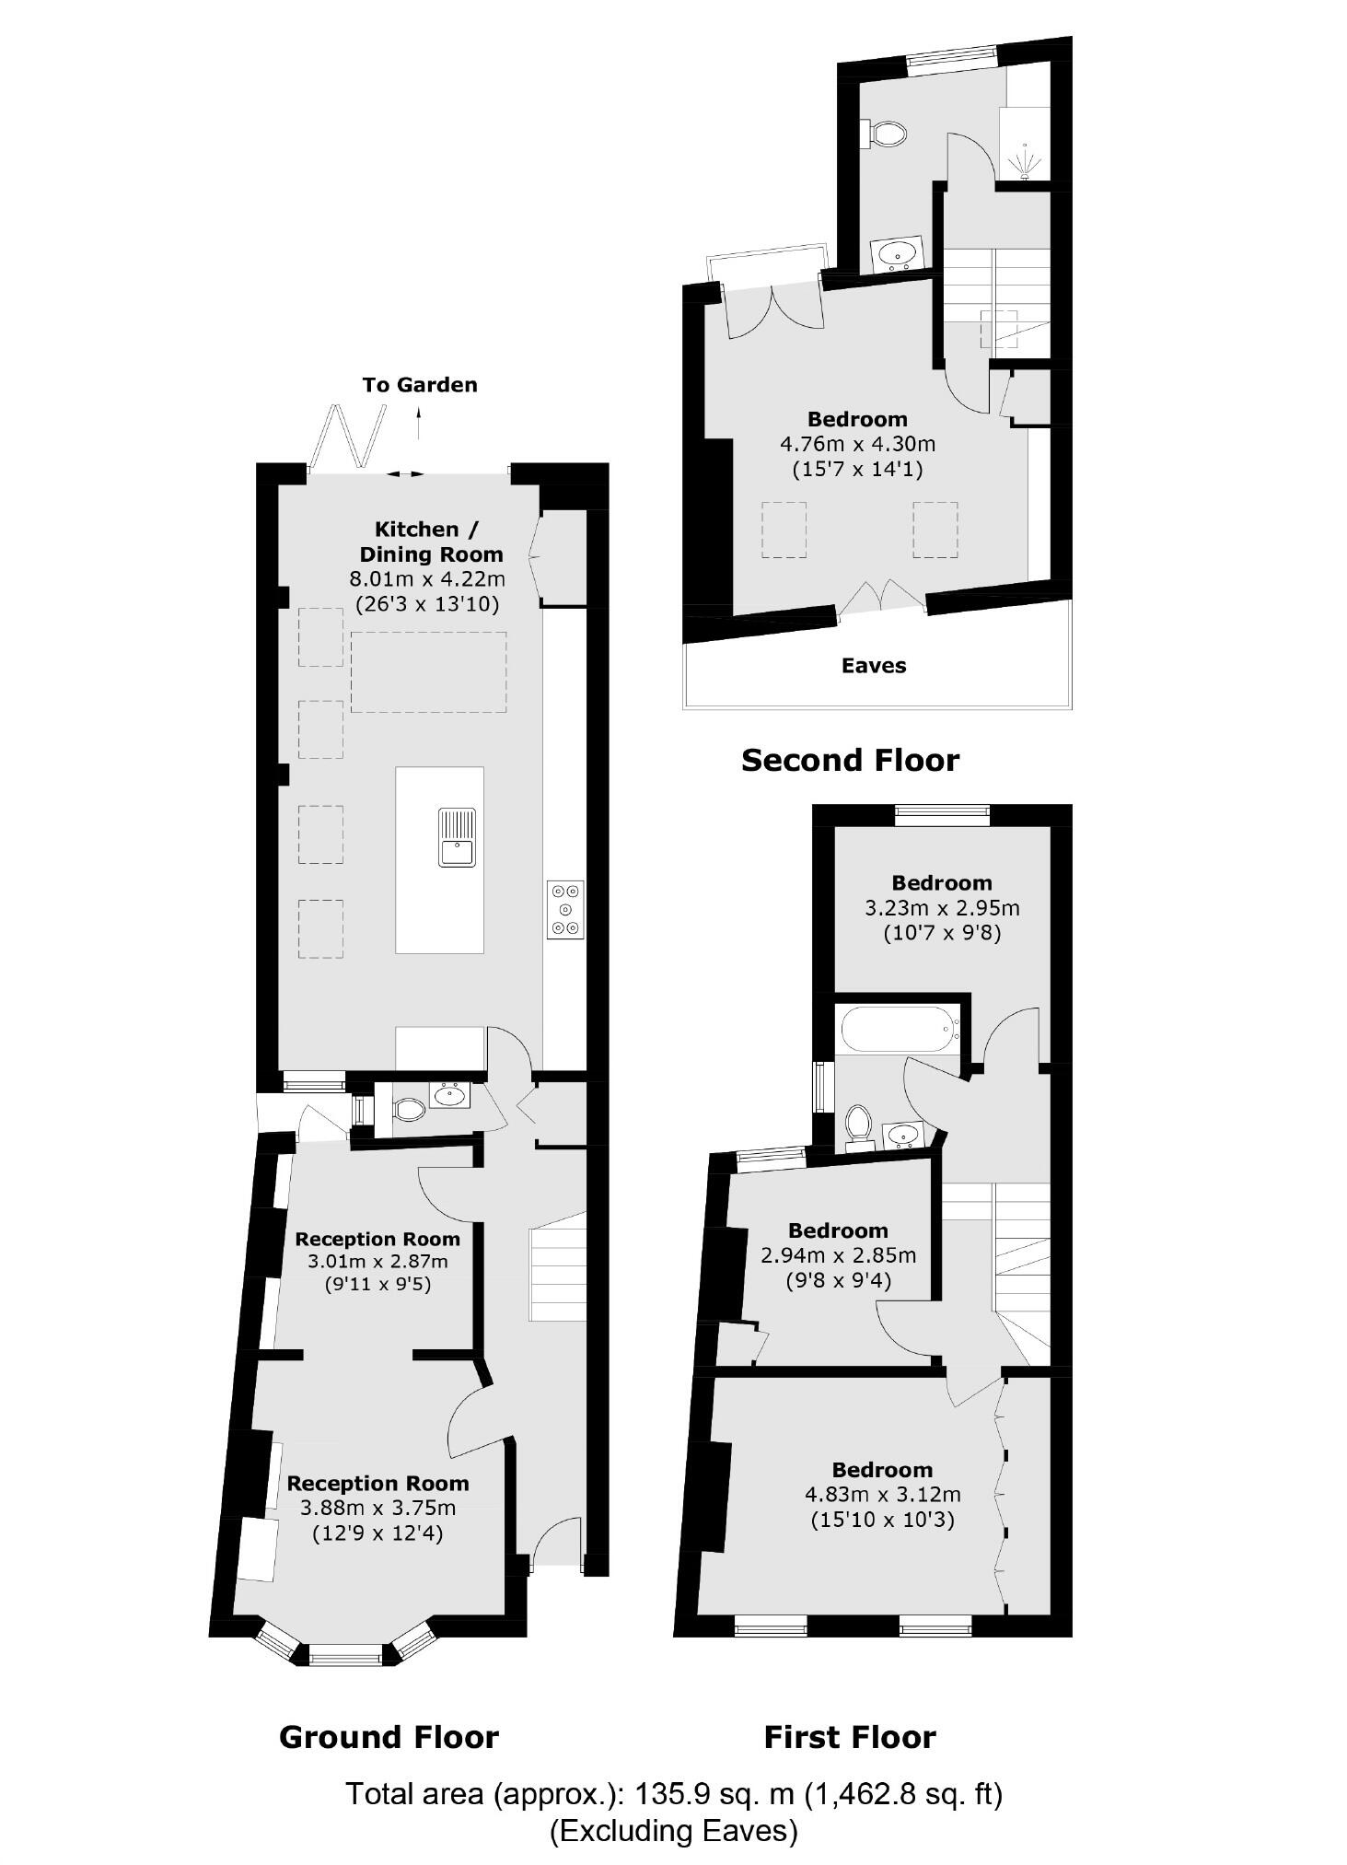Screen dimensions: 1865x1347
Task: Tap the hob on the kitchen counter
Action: [x=565, y=910]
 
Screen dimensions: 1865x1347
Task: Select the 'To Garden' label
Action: [x=420, y=385]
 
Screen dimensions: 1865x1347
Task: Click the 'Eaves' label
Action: [x=874, y=666]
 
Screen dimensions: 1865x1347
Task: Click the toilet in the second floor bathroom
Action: [x=886, y=134]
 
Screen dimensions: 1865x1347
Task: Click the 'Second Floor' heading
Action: [x=850, y=761]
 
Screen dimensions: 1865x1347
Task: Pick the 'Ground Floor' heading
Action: [x=389, y=1738]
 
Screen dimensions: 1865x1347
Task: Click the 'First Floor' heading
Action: [x=850, y=1738]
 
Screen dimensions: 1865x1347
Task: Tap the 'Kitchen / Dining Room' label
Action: [x=431, y=542]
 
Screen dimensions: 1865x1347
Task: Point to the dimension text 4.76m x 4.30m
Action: [x=857, y=444]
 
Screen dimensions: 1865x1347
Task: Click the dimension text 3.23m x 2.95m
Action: [x=942, y=908]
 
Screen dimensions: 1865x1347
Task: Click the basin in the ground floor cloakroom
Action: [x=449, y=1096]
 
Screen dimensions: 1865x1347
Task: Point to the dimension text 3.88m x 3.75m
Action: [x=377, y=1508]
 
